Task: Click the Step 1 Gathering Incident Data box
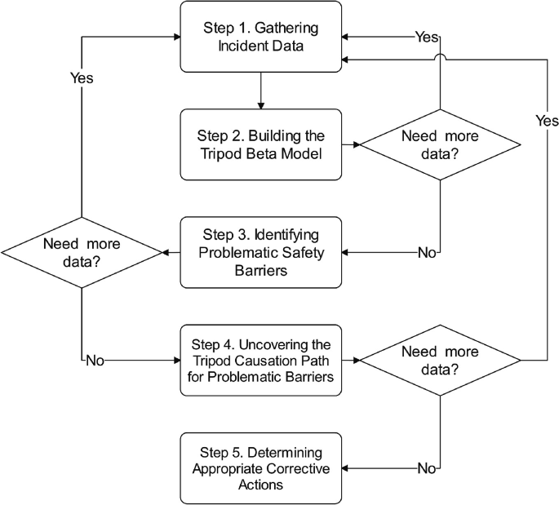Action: [260, 38]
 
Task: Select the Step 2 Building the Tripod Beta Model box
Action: [260, 144]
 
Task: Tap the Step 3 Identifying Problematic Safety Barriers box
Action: [260, 252]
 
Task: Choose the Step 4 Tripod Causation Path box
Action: [260, 359]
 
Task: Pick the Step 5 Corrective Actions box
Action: [260, 467]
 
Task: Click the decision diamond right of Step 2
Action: [441, 144]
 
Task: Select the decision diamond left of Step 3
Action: [82, 253]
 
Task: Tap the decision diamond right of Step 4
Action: [441, 360]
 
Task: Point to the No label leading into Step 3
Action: [427, 253]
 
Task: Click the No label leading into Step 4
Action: [96, 360]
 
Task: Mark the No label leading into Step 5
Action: [427, 468]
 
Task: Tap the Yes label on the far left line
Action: [81, 78]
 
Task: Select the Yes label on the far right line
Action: [546, 121]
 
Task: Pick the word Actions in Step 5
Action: [260, 484]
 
